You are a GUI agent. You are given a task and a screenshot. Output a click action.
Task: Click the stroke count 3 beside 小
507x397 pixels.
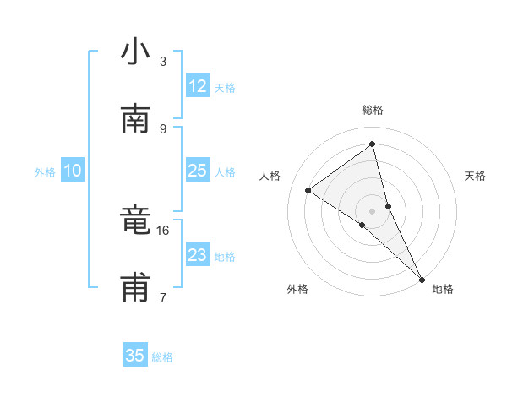coord(163,62)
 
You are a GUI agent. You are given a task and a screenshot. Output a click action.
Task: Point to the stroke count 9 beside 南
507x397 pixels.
coord(163,128)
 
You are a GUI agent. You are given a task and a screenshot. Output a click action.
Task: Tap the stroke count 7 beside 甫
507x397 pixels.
coord(163,297)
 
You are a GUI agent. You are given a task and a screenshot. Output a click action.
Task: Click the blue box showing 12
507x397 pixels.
coord(198,86)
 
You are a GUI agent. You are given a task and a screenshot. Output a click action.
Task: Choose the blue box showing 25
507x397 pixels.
coord(198,171)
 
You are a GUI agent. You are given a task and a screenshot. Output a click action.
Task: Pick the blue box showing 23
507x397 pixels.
coord(198,254)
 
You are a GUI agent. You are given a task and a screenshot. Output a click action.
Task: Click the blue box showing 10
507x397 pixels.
coord(73,171)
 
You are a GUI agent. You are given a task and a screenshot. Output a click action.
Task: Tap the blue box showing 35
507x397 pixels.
coord(135,356)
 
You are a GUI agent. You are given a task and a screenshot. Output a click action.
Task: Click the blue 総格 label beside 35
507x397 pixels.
coord(162,357)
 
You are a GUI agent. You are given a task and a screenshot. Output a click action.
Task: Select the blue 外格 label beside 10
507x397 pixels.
coord(45,172)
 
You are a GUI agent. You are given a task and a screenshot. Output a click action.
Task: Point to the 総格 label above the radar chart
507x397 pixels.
coord(373,111)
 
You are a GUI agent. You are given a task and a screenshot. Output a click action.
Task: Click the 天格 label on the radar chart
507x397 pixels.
coord(476,176)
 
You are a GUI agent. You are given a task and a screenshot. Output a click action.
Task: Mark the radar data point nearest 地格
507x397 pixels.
coord(421,278)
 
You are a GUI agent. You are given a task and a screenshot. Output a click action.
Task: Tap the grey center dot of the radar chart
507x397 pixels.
coord(373,209)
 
